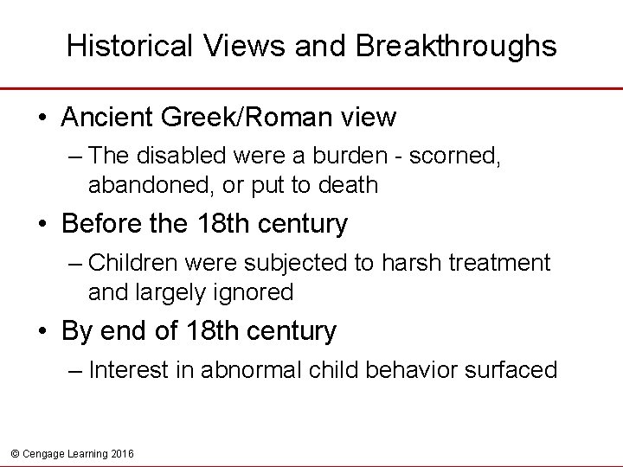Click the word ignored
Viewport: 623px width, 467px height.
pos(254,292)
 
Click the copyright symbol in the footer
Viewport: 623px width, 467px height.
pos(13,454)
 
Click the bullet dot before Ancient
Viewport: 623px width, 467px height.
pos(42,117)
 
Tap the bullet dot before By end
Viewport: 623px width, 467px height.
pos(42,331)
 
